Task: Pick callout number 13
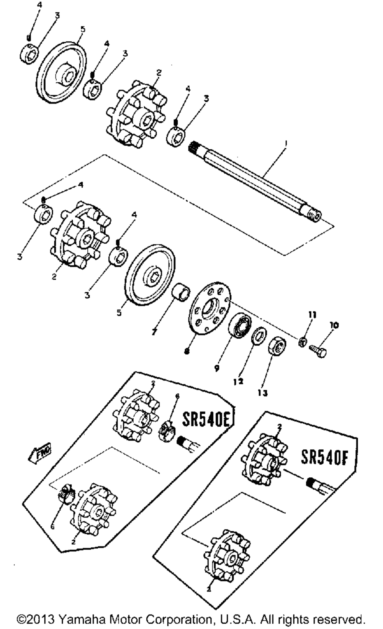(262, 393)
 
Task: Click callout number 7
(154, 333)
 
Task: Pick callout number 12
(239, 382)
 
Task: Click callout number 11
(313, 315)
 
